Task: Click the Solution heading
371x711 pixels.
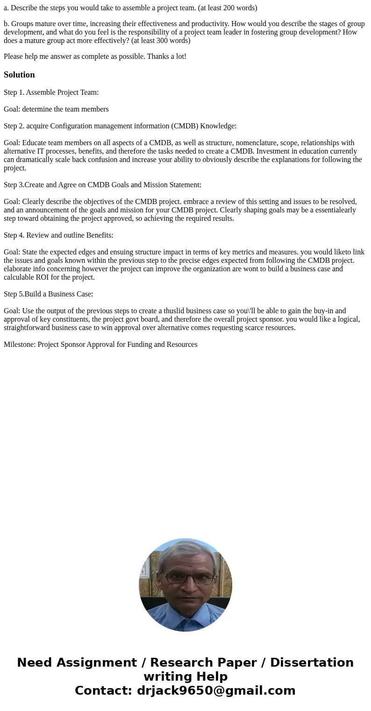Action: (19, 75)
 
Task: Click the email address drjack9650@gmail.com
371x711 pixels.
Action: (216, 690)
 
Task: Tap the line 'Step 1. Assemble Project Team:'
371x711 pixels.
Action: (51, 92)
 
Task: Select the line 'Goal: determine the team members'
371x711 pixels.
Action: (56, 109)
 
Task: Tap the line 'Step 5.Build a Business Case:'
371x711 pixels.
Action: (49, 294)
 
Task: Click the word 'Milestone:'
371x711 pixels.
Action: (20, 345)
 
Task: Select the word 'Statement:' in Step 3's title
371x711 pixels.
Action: (185, 185)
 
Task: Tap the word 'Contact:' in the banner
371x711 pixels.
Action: (103, 690)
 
